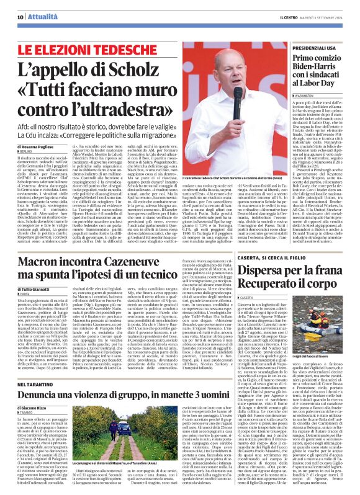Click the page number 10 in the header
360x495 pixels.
click(20, 17)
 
